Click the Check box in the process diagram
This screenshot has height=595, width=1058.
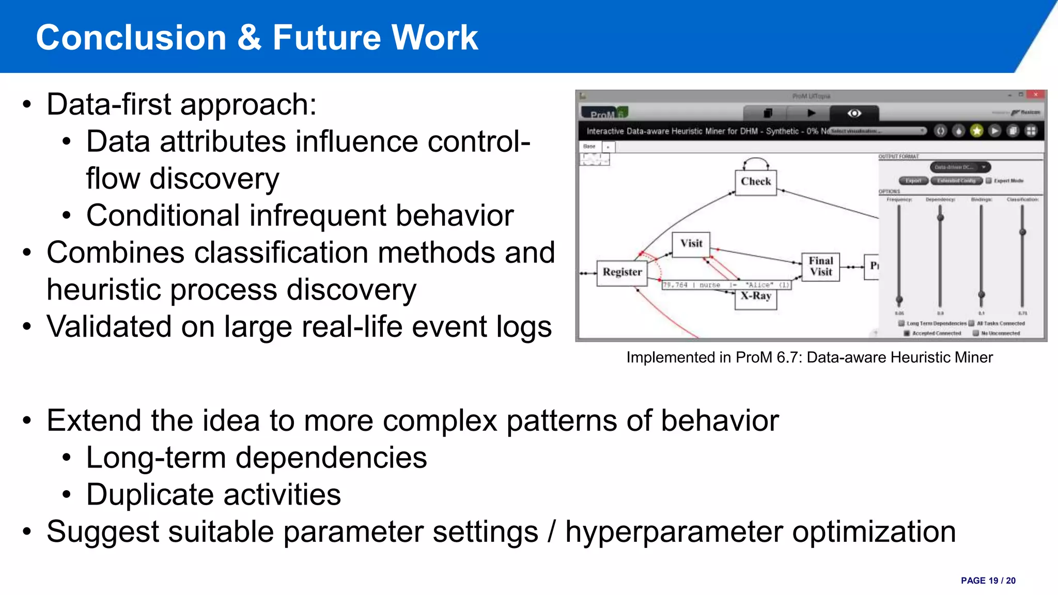point(755,182)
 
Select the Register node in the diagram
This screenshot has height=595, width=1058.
point(622,272)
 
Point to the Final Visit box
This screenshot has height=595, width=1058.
point(820,267)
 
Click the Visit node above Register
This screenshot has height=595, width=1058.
point(691,244)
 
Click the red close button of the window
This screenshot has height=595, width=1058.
point(1035,95)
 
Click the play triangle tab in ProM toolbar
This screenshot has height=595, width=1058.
point(811,113)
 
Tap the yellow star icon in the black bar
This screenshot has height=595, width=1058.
point(976,131)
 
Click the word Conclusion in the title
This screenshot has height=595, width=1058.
point(131,38)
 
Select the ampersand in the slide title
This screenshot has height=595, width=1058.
point(250,38)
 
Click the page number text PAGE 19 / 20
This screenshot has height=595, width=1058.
point(988,581)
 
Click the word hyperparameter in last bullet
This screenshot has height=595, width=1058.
point(674,532)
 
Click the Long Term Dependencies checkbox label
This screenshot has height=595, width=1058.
point(936,323)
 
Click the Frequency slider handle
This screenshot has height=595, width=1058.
point(899,300)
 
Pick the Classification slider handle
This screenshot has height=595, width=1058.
point(1022,232)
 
